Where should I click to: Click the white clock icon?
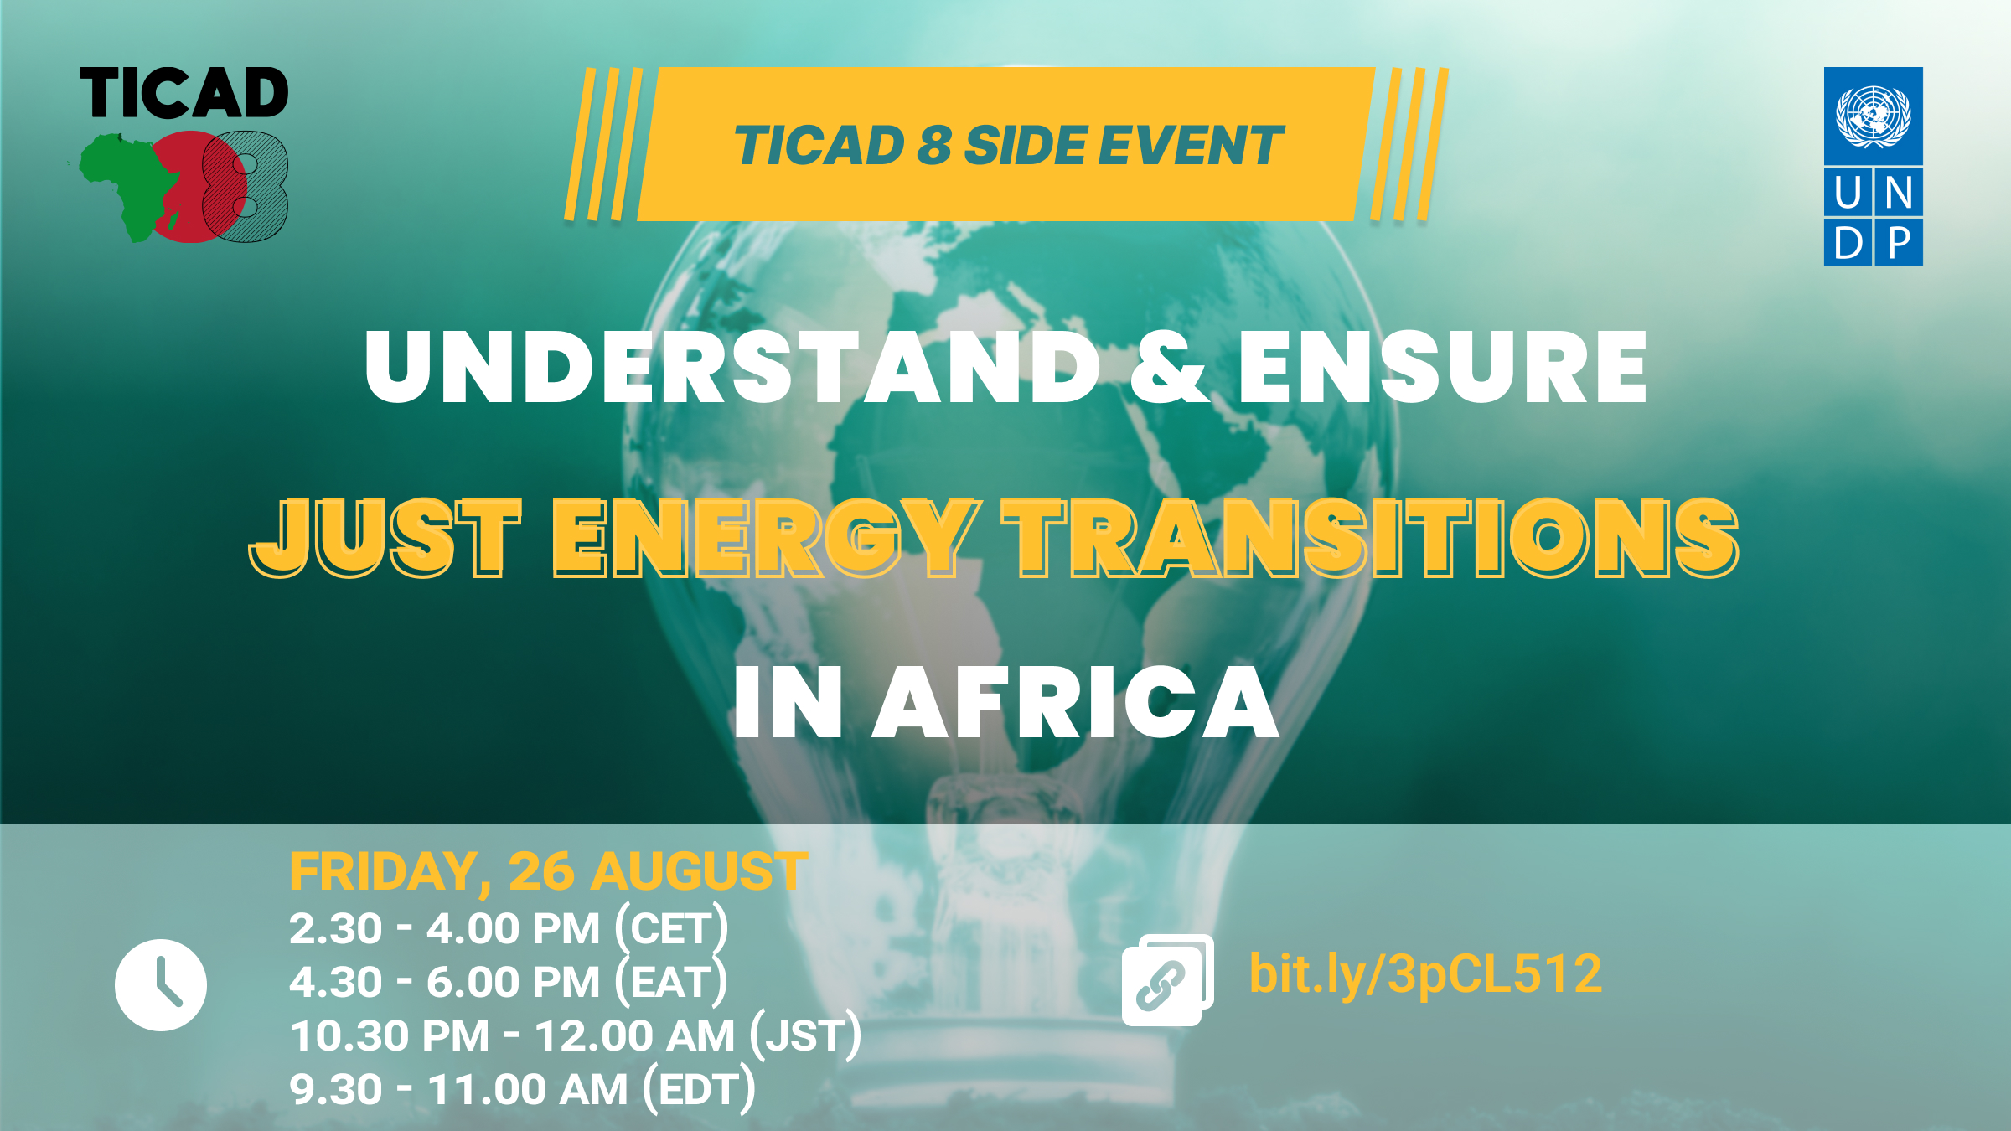(161, 985)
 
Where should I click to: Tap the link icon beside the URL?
(1167, 980)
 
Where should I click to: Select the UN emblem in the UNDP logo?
(1874, 116)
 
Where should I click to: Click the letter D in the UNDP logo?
(1848, 244)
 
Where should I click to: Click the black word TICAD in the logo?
(184, 93)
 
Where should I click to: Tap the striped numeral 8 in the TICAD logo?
(245, 186)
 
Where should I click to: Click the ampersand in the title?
(1169, 367)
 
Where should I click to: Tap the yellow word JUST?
(385, 537)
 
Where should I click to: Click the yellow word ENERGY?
(766, 537)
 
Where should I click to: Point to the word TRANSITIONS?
(1371, 537)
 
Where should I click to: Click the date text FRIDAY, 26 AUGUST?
(549, 871)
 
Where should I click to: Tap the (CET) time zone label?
(672, 929)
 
